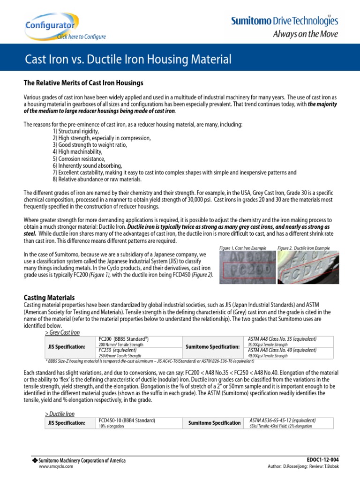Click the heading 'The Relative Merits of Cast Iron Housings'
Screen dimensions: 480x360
[83, 83]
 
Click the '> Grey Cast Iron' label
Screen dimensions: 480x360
[62, 332]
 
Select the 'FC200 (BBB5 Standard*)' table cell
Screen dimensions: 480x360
[124, 338]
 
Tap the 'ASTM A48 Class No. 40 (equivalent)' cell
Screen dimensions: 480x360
[282, 350]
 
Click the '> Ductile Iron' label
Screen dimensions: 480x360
[60, 414]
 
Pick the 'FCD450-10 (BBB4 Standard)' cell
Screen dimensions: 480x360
[127, 420]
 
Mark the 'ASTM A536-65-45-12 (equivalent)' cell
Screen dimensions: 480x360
[282, 420]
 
